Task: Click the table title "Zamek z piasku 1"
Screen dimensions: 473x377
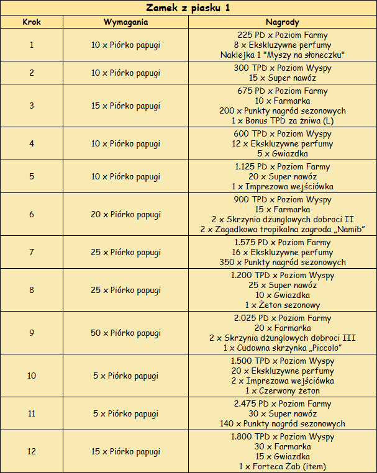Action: click(188, 8)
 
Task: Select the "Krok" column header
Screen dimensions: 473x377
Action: click(32, 22)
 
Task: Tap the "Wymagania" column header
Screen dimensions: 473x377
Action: click(125, 22)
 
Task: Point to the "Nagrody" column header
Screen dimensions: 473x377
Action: click(283, 22)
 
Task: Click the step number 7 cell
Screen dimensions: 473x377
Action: click(32, 253)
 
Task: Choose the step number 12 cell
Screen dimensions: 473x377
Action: click(32, 451)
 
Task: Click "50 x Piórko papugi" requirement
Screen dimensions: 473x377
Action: click(125, 333)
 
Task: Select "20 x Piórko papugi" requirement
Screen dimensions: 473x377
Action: click(125, 215)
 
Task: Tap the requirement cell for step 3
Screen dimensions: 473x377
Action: click(125, 106)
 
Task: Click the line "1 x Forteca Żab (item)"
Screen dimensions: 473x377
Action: click(283, 466)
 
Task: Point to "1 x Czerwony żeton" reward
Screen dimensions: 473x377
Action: click(283, 390)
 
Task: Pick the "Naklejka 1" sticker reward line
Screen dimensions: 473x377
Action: click(283, 55)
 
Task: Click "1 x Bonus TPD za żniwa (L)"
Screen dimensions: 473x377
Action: click(283, 120)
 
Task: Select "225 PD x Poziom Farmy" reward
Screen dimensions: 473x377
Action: click(283, 35)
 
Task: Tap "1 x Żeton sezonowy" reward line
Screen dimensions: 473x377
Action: click(283, 305)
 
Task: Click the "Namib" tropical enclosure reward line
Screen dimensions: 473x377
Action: click(283, 230)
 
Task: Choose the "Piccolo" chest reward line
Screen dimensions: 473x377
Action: click(283, 348)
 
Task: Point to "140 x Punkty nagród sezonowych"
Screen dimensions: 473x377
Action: click(283, 424)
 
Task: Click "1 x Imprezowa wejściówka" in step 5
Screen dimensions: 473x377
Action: click(283, 186)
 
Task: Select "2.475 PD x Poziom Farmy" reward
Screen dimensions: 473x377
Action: click(283, 404)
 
